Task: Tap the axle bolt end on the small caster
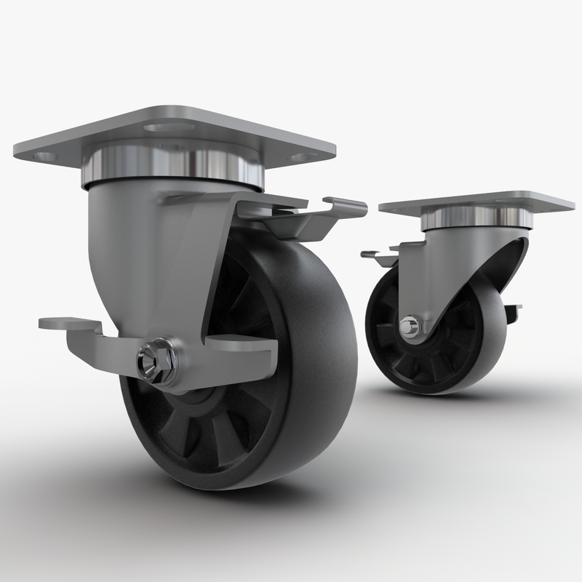pyautogui.click(x=410, y=328)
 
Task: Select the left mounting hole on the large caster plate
pyautogui.click(x=45, y=156)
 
